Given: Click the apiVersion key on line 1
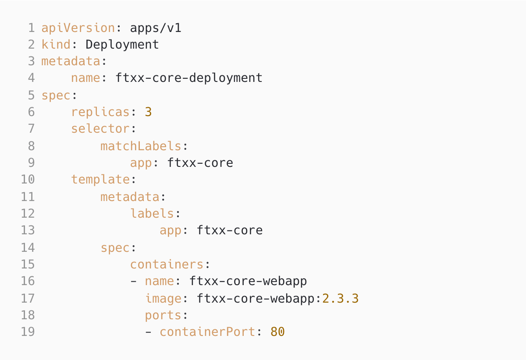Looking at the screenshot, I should [x=78, y=28].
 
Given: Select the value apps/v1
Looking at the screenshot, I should [x=156, y=28].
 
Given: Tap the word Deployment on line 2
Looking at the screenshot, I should [x=122, y=45].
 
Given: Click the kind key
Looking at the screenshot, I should [x=56, y=45].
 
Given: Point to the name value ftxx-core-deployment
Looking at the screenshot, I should [x=189, y=78].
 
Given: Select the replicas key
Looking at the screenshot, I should [x=100, y=112].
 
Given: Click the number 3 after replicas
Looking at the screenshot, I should [x=148, y=112].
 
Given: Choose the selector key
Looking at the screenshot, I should [x=100, y=129].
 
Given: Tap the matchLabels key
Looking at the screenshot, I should [x=141, y=146].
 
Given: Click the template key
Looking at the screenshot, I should [x=100, y=180].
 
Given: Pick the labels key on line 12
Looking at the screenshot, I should [x=152, y=213].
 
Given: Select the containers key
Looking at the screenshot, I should [x=167, y=265].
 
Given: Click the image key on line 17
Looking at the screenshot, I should [x=163, y=298].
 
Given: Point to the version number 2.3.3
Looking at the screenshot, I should [x=341, y=298].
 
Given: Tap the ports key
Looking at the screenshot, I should [x=163, y=315].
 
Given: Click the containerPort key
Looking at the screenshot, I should [x=207, y=332].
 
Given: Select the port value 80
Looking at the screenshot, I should [x=277, y=332].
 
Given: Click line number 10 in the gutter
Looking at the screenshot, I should [x=28, y=180].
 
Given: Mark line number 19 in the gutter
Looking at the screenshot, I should [x=28, y=332].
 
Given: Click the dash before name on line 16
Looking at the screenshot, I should [x=134, y=281].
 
